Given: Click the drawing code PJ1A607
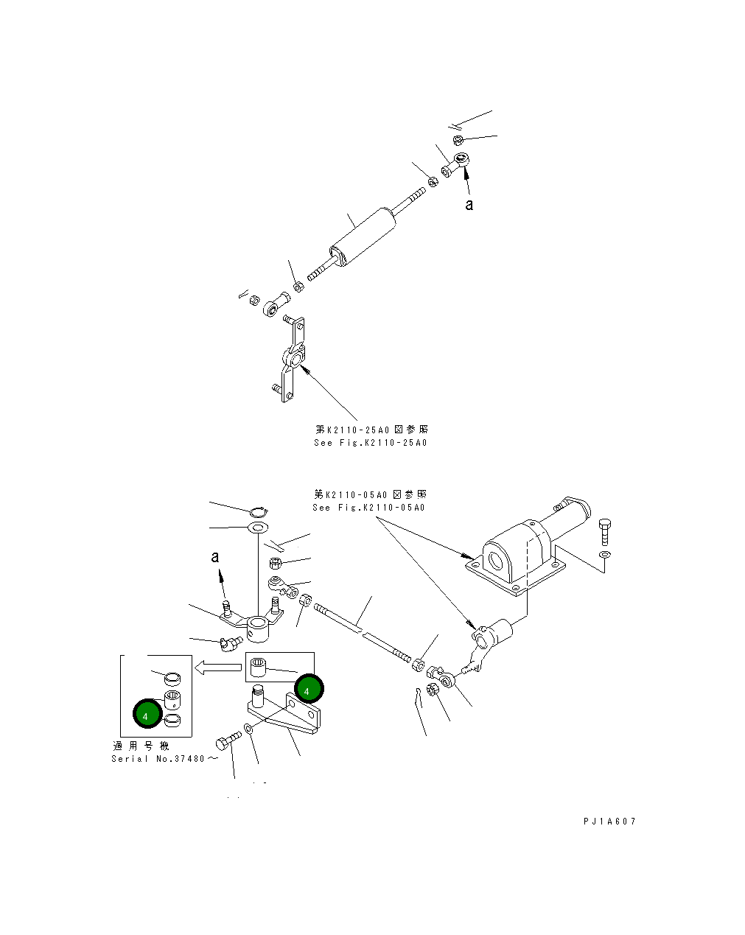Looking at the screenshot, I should pos(608,822).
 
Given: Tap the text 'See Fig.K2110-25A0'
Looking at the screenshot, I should pos(370,443).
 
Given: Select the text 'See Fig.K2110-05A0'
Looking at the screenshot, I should pos(368,508).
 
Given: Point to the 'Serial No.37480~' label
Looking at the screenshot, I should pos(164,759).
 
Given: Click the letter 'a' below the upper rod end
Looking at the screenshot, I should pos(469,205).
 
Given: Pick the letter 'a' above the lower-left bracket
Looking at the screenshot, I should pos(215,558).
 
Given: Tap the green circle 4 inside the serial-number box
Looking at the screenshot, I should pos(147,715).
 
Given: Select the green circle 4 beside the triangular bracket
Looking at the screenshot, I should pos(307,690).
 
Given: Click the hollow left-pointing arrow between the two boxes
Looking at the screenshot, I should pos(217,668).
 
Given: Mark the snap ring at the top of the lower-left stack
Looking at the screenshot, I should pos(259,511).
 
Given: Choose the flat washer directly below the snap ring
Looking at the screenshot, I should pos(257,528).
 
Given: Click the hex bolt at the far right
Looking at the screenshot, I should pos(605,531).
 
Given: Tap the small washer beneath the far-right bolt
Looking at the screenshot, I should pos(604,554).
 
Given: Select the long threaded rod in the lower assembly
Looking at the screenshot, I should pos(361,631).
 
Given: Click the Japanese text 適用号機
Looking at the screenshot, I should pos(141,746).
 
